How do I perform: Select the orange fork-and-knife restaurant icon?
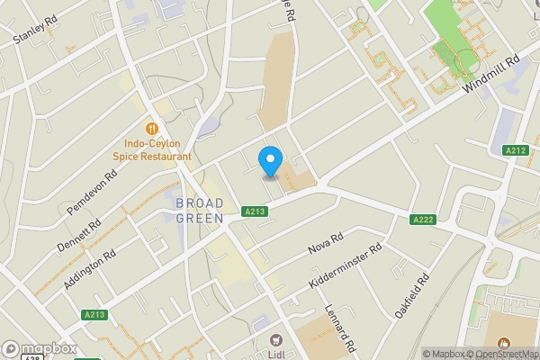pyautogui.click(x=151, y=126)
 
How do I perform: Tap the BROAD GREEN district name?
pyautogui.click(x=199, y=209)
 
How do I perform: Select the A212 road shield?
pyautogui.click(x=516, y=150)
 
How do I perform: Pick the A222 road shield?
pyautogui.click(x=423, y=220)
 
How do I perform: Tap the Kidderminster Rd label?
pyautogui.click(x=346, y=265)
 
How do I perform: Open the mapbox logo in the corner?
pyautogui.click(x=36, y=349)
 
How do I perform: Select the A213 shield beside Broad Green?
pyautogui.click(x=255, y=212)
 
